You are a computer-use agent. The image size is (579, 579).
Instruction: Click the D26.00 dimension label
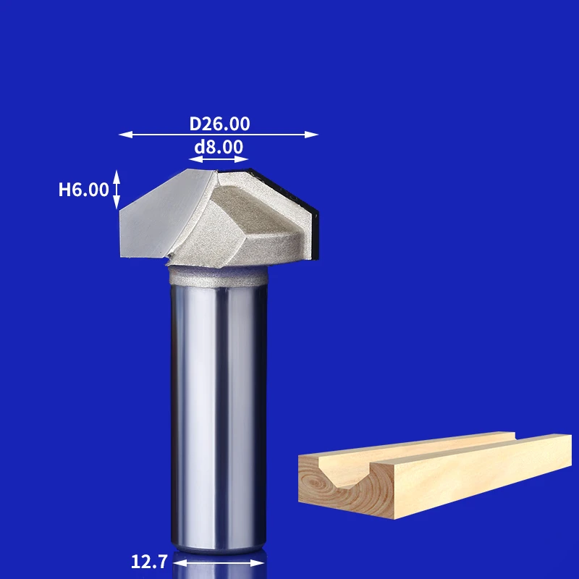pos(219,124)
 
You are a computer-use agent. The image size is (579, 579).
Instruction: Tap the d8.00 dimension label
pos(219,147)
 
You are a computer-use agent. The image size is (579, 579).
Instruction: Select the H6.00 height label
pos(83,190)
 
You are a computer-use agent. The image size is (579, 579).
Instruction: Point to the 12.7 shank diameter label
pos(149,562)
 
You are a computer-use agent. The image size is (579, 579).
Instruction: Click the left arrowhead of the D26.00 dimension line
pos(125,135)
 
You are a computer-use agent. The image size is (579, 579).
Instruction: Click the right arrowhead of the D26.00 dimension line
pos(311,135)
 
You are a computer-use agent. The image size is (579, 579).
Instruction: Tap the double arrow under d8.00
pos(219,159)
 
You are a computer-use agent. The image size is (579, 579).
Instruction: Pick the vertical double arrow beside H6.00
pos(117,190)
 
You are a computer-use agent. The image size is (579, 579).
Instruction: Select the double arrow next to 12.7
pos(219,563)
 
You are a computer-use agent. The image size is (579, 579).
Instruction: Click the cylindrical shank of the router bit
pos(219,418)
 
